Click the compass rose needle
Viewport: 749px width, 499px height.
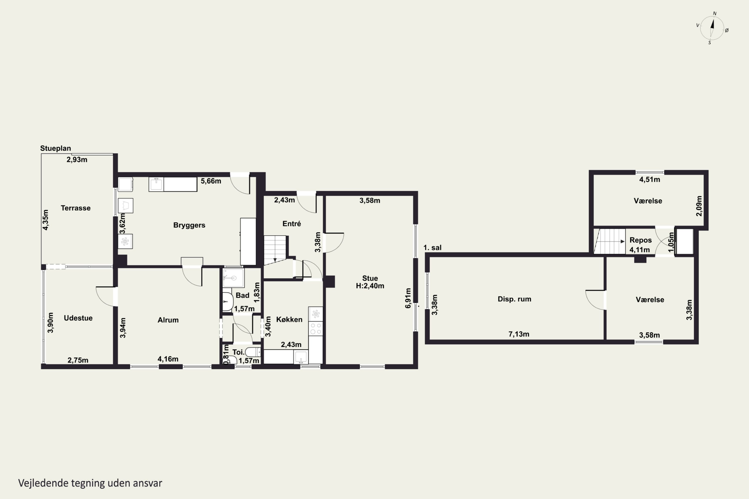tap(712, 28)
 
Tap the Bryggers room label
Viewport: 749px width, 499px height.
tap(189, 225)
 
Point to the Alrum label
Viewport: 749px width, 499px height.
tap(168, 320)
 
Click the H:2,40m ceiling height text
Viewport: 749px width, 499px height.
tap(370, 286)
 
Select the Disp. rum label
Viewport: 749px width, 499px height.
tap(514, 299)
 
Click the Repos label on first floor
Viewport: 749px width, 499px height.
tap(640, 240)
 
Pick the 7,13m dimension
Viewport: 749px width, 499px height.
tap(519, 334)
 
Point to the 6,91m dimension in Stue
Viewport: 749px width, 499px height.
tap(408, 298)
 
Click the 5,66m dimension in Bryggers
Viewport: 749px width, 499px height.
tap(211, 181)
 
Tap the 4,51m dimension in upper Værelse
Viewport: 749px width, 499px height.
tap(650, 179)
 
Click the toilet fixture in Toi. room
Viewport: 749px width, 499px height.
tap(253, 352)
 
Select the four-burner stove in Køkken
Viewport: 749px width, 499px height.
tap(316, 328)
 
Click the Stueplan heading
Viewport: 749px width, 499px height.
tap(55, 148)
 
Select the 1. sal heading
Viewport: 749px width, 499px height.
tap(432, 248)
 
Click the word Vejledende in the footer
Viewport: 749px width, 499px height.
tap(43, 483)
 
